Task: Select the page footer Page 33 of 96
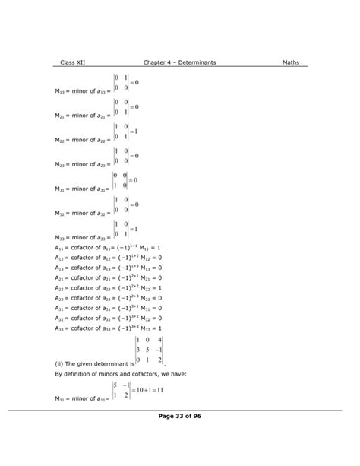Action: coord(179,416)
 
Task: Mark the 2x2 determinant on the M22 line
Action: coord(119,132)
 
